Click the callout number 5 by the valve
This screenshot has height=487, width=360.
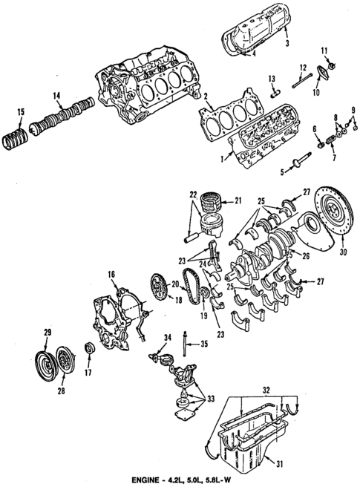click(x=282, y=172)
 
